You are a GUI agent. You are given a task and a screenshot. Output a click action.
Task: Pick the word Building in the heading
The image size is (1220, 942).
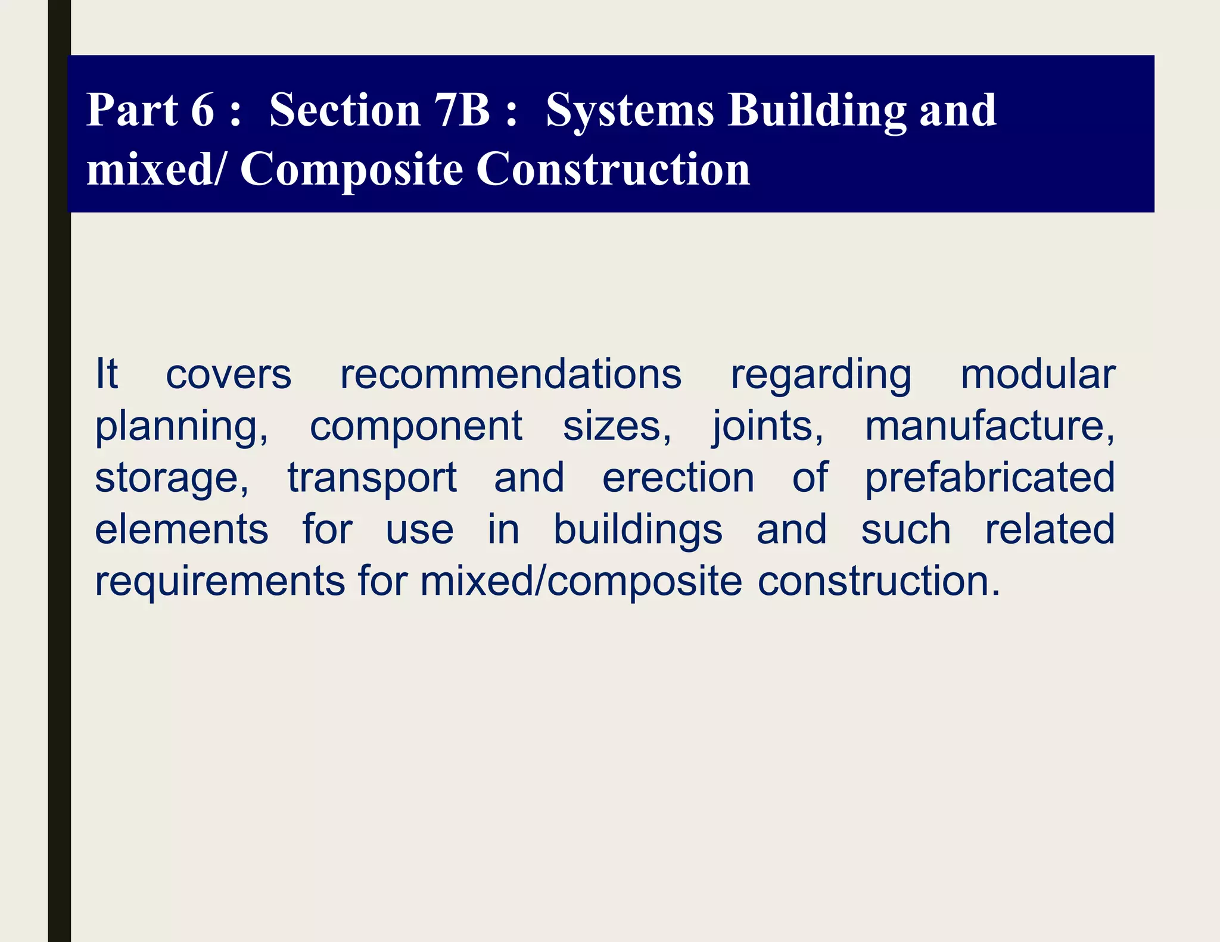tap(817, 111)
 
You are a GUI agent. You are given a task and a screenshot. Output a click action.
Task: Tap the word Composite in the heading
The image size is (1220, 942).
tap(351, 170)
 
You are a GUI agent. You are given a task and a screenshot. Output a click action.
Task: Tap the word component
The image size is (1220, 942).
tap(416, 428)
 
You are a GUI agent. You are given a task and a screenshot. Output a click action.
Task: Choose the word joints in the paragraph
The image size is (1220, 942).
tap(768, 428)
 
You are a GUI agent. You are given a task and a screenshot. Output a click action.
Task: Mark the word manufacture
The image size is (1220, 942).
tap(989, 426)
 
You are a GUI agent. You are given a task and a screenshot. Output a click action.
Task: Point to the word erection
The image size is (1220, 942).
tap(678, 478)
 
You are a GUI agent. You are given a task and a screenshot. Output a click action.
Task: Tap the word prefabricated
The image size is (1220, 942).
tap(989, 478)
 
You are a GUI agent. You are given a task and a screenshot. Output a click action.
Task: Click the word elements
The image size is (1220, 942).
tap(182, 529)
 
